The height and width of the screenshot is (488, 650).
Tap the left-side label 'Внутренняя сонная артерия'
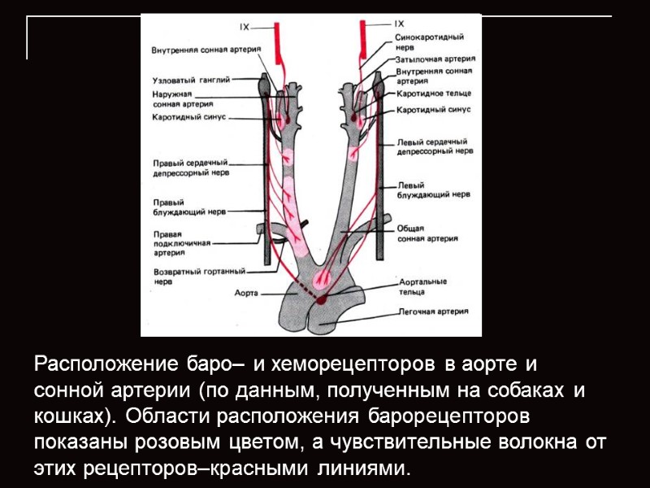pos(206,50)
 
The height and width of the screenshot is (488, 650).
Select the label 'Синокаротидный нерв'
pos(430,42)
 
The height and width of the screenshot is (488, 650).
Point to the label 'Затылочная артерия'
pos(435,59)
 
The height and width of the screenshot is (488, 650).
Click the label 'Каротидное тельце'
pos(434,94)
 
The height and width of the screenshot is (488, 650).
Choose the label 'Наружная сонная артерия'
pos(182,99)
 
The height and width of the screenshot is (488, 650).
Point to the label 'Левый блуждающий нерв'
pos(434,190)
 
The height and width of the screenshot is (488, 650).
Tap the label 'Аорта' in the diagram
pos(245,292)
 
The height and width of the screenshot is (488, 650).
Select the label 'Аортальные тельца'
pos(422,285)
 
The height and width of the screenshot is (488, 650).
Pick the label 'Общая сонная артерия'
pos(427,234)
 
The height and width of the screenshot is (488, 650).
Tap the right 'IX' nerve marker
pos(399,24)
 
